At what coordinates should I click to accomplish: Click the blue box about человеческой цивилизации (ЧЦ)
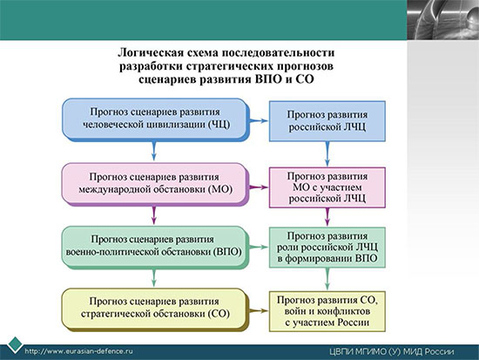(156, 119)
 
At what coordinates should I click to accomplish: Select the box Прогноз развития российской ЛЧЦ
(327, 121)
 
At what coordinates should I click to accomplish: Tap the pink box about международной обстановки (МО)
(156, 184)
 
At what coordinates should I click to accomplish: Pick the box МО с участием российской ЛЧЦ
(327, 187)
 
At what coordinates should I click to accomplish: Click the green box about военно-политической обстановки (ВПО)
(156, 248)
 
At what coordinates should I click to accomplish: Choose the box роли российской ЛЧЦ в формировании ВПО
(327, 248)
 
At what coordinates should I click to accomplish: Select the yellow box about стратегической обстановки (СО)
(156, 309)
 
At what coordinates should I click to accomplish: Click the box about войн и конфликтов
(327, 311)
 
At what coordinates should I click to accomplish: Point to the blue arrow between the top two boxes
(259, 121)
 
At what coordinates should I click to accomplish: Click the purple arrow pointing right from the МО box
(259, 187)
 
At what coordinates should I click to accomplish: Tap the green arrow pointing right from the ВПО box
(259, 248)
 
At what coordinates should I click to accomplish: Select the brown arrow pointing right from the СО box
(259, 311)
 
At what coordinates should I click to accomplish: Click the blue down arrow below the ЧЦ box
(154, 151)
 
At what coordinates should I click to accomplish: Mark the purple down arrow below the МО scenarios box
(154, 215)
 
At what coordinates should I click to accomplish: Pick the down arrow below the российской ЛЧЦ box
(327, 154)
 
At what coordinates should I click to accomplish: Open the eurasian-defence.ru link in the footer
(78, 351)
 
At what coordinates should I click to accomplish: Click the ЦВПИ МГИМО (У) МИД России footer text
(392, 352)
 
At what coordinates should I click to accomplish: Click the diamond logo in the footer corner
(15, 345)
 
